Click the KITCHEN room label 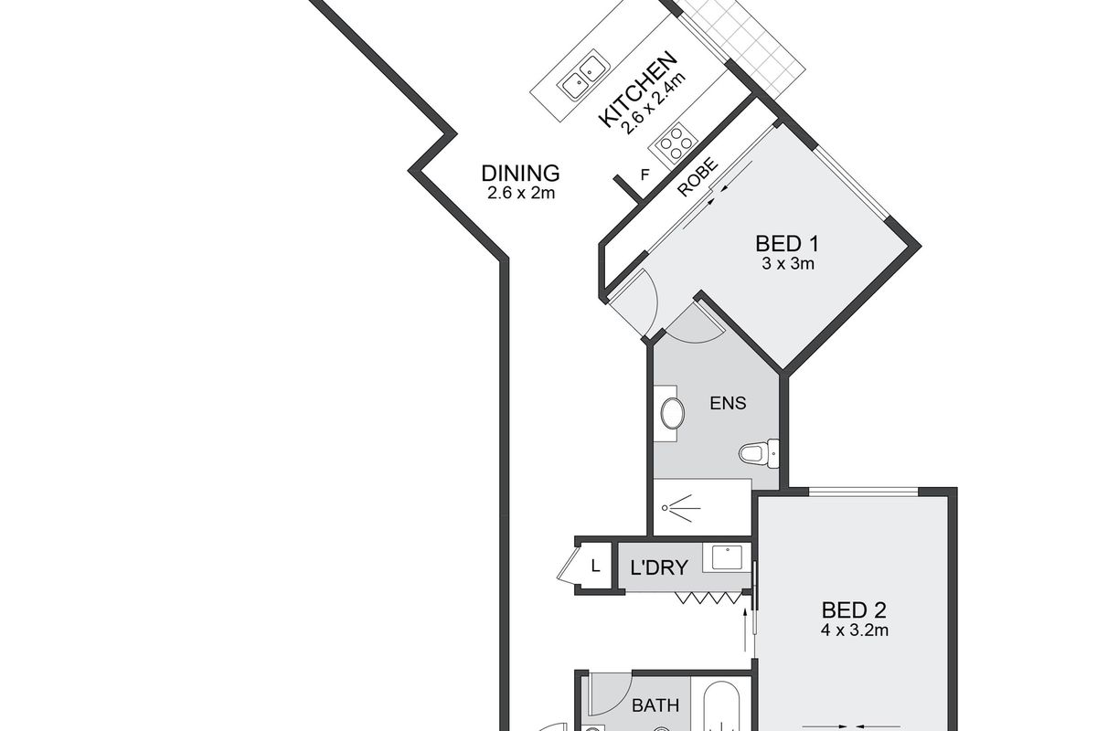(x=638, y=89)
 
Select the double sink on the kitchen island (x=584, y=76)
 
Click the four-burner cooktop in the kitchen (x=672, y=143)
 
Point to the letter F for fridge (x=646, y=175)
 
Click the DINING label (x=520, y=173)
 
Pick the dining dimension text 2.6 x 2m (x=521, y=193)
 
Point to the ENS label (x=729, y=402)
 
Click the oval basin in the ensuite (x=672, y=414)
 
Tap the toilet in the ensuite (x=758, y=451)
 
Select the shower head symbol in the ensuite (x=680, y=505)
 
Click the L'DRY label (x=658, y=567)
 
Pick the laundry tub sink (x=727, y=557)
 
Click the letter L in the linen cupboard (x=595, y=567)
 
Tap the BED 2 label (x=855, y=609)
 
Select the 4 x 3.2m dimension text (x=855, y=630)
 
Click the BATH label (x=655, y=705)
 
